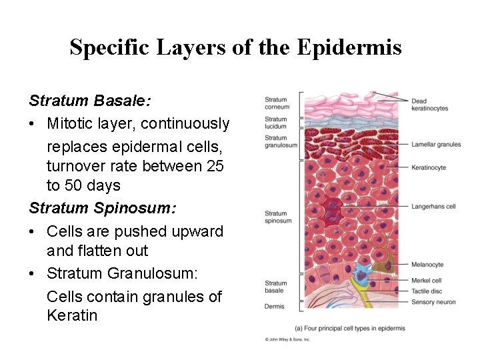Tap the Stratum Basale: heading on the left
[90, 101]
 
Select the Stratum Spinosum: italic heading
[103, 208]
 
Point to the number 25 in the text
[215, 165]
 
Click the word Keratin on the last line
[72, 315]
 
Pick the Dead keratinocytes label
[429, 105]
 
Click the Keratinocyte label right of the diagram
[428, 167]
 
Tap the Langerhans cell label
[433, 207]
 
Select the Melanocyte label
[427, 265]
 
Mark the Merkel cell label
[426, 281]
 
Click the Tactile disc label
[426, 291]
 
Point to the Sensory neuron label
[433, 302]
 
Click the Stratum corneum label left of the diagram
[277, 103]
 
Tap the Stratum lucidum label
[275, 123]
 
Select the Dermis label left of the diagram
[274, 307]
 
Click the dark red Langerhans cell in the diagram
[331, 210]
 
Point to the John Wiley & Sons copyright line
[287, 339]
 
